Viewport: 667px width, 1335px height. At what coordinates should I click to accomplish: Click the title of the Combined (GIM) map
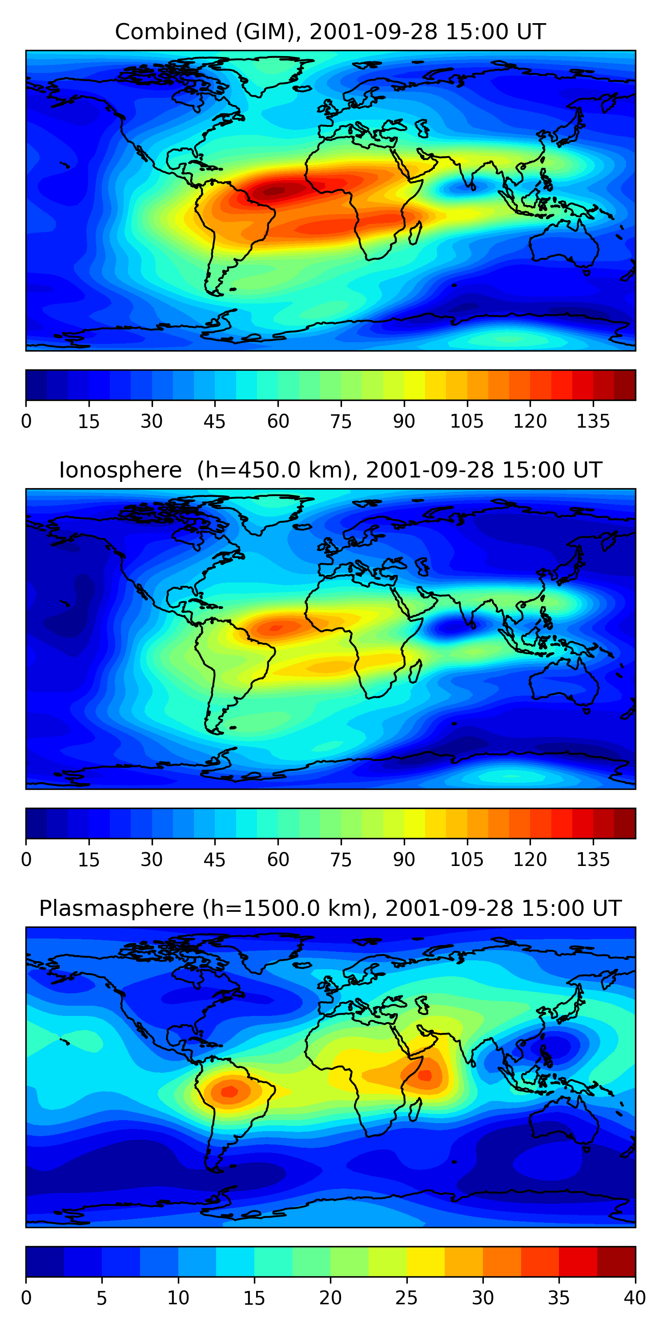(x=330, y=32)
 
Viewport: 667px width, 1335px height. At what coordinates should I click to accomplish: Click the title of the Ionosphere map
(x=330, y=470)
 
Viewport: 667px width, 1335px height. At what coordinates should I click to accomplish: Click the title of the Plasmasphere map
(x=330, y=909)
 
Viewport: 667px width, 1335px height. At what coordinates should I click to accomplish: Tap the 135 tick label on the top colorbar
(x=593, y=421)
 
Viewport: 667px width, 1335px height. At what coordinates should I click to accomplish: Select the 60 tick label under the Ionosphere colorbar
(x=278, y=860)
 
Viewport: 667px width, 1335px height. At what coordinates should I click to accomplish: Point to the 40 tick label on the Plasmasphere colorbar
(x=635, y=1298)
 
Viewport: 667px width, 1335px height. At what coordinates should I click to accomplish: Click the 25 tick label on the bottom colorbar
(x=406, y=1298)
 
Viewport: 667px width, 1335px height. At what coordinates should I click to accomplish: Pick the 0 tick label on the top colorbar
(x=26, y=421)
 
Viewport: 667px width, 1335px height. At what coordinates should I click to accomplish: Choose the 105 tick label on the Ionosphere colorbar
(x=466, y=860)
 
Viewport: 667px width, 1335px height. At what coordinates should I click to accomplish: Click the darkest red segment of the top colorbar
(x=625, y=385)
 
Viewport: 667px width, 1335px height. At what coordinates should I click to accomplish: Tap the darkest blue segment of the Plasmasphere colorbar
(x=45, y=1262)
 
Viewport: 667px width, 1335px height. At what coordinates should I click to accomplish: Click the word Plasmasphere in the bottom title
(x=117, y=909)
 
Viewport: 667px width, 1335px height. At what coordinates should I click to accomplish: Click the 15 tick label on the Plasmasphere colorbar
(x=254, y=1298)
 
